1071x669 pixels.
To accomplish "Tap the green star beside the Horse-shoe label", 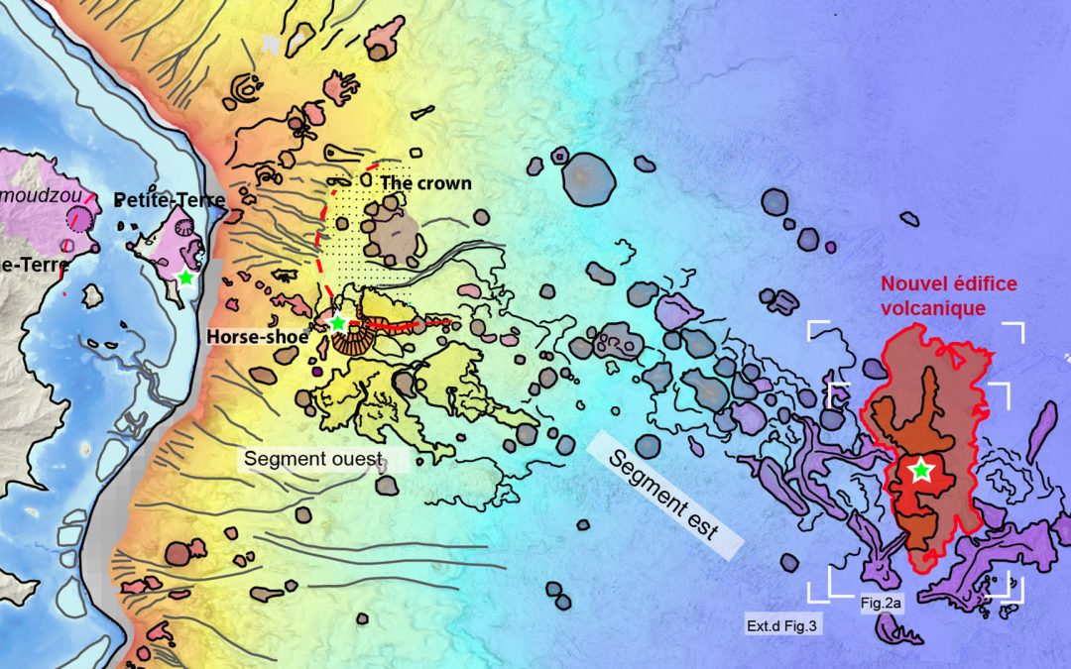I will (x=337, y=323).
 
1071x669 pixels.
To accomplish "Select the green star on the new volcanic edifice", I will (x=922, y=471).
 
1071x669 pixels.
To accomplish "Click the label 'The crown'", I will (x=425, y=183).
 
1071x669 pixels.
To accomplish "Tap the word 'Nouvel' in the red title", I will (x=910, y=285).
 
